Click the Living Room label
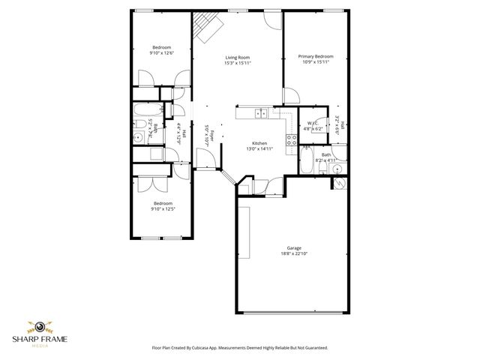(x=237, y=57)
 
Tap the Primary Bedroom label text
(x=315, y=56)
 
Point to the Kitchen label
(x=259, y=143)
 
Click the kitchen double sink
(x=259, y=113)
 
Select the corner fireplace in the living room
(x=206, y=28)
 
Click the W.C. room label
(x=313, y=124)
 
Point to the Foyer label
(x=212, y=136)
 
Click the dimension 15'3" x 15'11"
(x=237, y=63)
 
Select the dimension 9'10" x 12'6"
(x=162, y=52)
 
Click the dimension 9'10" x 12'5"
(x=163, y=208)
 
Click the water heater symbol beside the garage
(x=339, y=183)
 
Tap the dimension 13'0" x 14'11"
(x=259, y=149)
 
